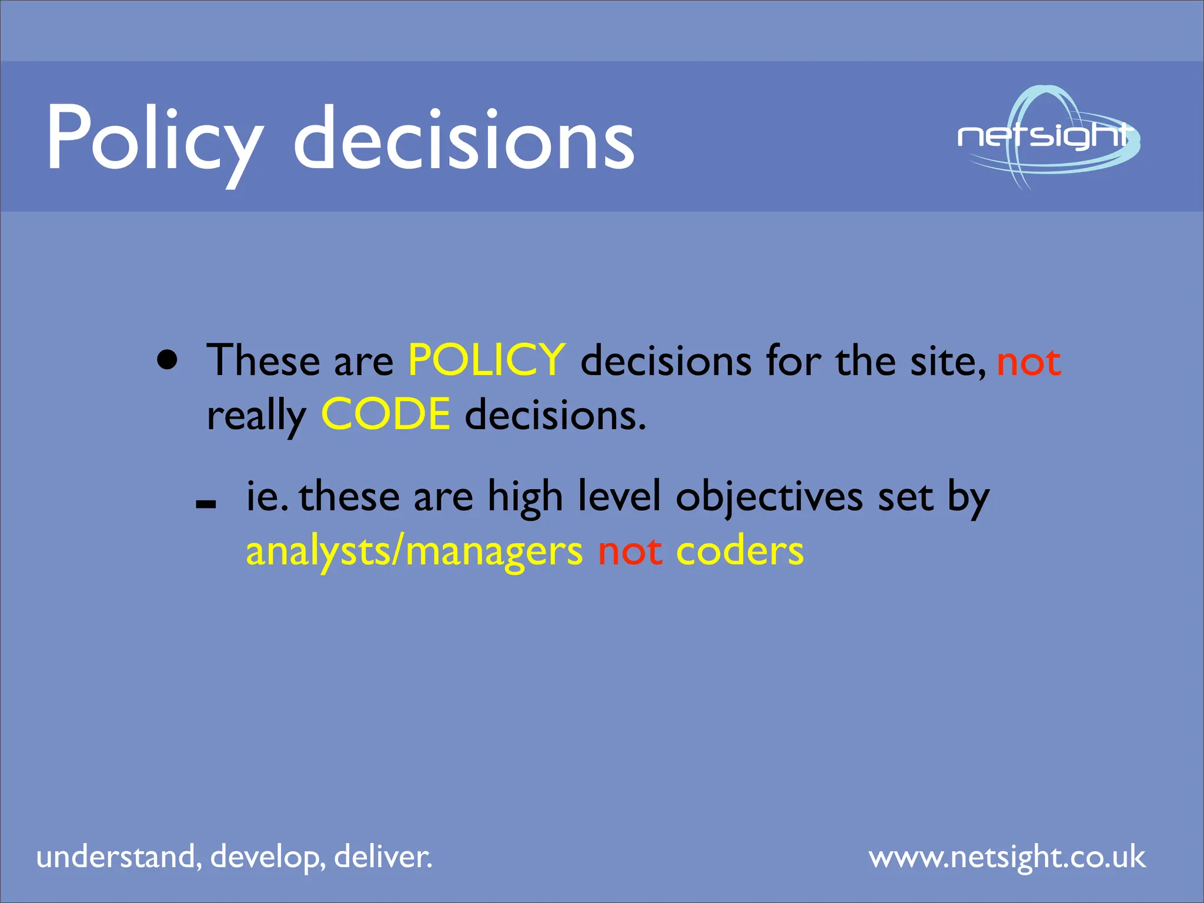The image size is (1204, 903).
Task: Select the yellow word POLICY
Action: point(487,360)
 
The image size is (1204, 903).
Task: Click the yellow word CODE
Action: point(386,414)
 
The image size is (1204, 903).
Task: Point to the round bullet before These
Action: point(168,360)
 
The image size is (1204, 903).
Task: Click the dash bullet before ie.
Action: point(206,504)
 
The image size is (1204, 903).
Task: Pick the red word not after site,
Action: point(1029,362)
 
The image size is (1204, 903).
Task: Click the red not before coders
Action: point(630,552)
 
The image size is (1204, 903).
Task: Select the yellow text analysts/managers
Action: point(414,552)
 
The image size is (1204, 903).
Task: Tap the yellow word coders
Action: point(740,552)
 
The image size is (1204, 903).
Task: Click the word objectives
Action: point(770,497)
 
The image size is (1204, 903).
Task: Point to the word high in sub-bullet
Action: point(525,497)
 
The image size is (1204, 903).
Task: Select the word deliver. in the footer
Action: point(383,856)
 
